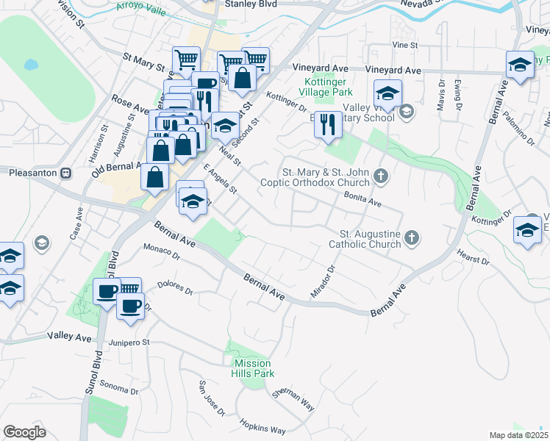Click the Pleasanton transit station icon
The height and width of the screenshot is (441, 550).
[65, 173]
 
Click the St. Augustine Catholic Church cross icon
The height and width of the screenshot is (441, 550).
[412, 237]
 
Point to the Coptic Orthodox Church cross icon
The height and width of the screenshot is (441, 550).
[380, 175]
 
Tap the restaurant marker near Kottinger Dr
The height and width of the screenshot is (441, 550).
[328, 125]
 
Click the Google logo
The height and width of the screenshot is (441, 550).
[24, 431]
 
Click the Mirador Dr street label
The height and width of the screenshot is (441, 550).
[323, 280]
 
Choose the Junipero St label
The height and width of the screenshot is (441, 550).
[129, 342]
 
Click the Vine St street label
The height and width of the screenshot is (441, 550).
[404, 45]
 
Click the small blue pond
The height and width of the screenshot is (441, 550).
[30, 65]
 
